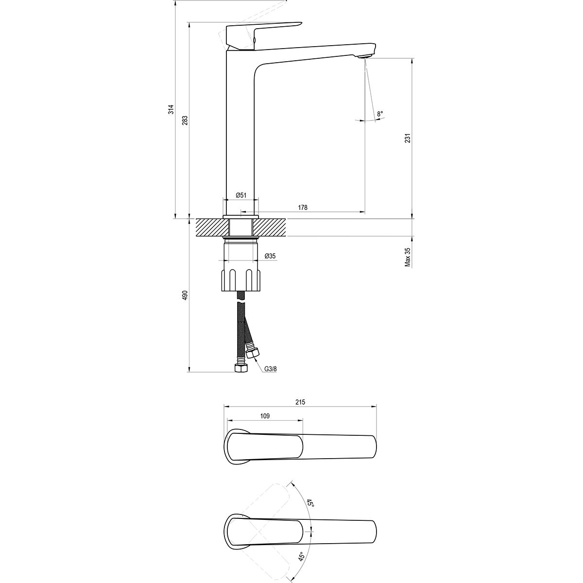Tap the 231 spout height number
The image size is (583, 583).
(408, 138)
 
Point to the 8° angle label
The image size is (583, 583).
(380, 114)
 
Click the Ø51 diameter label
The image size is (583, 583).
(241, 195)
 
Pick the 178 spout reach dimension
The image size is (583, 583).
(303, 207)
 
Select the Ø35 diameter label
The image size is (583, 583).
(270, 256)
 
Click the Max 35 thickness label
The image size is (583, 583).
(408, 257)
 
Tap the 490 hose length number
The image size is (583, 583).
(185, 295)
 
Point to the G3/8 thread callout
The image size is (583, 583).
(271, 369)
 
